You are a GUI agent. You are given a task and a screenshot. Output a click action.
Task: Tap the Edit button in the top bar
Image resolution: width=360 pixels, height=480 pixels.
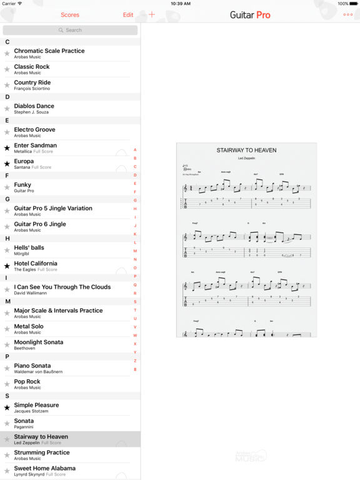[128, 15]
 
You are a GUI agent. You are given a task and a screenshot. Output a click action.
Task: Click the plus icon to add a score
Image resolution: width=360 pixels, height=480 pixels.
[152, 15]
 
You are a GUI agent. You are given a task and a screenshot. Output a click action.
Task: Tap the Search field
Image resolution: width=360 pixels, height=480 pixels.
[70, 30]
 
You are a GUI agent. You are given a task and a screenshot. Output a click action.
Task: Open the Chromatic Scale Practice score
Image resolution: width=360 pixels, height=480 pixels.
[49, 53]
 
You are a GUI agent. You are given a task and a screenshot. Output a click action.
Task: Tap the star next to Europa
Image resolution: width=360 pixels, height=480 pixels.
[7, 164]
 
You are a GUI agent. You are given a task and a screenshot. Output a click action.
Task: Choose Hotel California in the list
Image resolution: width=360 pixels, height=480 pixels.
[44, 266]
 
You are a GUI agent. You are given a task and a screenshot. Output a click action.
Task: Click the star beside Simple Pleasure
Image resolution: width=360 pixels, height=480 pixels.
[7, 407]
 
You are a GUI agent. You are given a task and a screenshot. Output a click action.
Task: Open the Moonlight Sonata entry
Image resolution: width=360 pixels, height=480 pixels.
[39, 344]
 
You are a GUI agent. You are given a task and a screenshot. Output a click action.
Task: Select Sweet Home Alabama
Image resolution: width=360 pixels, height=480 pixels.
[45, 470]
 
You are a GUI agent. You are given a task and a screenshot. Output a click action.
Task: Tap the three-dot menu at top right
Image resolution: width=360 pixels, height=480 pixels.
[347, 15]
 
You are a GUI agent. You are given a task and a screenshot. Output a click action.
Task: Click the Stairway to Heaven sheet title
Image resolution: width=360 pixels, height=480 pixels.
[246, 150]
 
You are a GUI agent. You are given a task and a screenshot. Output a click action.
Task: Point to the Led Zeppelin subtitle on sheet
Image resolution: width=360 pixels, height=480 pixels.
[246, 158]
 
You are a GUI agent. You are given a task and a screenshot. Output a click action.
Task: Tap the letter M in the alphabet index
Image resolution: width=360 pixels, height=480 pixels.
[135, 251]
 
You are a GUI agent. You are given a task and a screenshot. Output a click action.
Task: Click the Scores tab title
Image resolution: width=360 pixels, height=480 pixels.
[70, 15]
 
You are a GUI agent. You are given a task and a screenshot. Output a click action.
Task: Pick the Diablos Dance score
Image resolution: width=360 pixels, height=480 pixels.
[34, 108]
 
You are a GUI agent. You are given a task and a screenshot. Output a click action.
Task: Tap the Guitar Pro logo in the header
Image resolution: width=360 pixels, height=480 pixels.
[250, 15]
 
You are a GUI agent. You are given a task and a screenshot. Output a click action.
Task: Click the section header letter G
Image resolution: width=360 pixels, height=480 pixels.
[7, 199]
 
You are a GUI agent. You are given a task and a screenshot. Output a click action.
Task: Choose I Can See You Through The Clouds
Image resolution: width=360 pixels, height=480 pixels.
[62, 289]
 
